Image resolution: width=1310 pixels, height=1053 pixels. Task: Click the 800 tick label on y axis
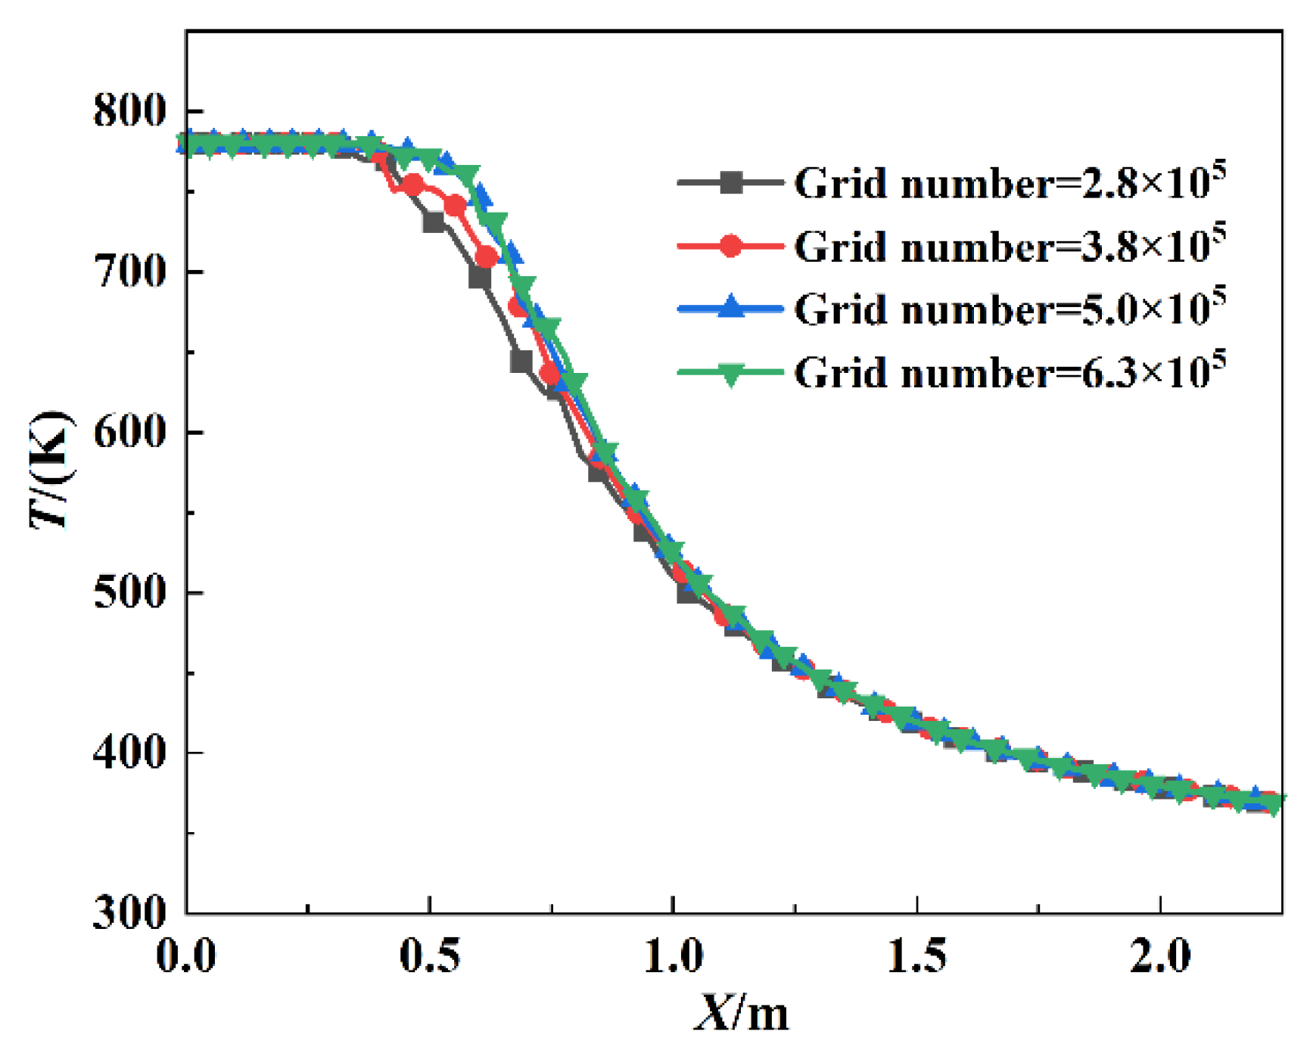click(x=129, y=110)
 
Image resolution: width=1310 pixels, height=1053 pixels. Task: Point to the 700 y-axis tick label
click(x=129, y=271)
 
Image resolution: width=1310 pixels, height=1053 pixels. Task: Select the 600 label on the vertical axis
click(x=129, y=432)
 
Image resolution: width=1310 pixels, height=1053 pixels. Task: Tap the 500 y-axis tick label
click(x=129, y=592)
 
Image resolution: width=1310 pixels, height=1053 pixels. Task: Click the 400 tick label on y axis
click(x=129, y=753)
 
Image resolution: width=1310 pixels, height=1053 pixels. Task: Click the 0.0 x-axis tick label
click(x=186, y=956)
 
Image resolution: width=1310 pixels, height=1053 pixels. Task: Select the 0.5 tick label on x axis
click(x=429, y=956)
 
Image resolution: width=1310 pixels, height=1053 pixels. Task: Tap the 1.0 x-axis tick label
click(x=673, y=956)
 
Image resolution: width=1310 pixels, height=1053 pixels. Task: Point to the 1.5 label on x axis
click(x=916, y=956)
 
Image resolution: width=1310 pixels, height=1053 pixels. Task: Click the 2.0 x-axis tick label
click(x=1160, y=956)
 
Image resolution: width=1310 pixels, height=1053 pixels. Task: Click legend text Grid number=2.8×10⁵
click(x=1010, y=182)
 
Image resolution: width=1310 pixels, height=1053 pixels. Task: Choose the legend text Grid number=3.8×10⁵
click(x=1010, y=246)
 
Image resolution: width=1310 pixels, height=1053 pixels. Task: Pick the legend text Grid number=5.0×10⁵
click(x=1010, y=309)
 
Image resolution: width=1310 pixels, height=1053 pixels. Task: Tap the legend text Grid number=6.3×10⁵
click(x=1010, y=371)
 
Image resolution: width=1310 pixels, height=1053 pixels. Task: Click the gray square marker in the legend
click(x=730, y=182)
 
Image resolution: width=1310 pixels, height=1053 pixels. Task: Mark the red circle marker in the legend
click(x=730, y=246)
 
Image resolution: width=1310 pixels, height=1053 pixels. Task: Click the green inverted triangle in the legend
click(x=730, y=374)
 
